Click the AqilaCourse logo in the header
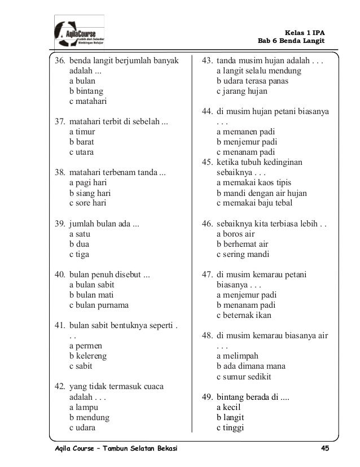pos(79,33)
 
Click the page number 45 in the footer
pos(324,448)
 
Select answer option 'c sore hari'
pos(87,203)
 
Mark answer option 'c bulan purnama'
pos(99,305)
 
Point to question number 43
pos(207,60)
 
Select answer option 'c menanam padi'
pos(246,152)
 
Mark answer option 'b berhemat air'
pos(242,244)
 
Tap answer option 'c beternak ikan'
pos(244,315)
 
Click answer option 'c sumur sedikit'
pos(244,377)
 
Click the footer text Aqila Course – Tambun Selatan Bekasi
pos(112,448)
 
